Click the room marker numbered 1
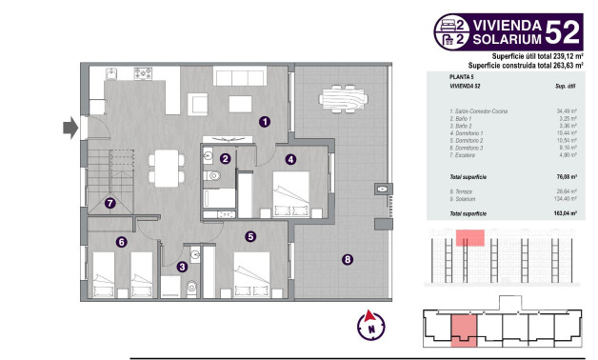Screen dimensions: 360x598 click(x=264, y=121)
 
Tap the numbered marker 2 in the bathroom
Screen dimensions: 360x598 click(x=226, y=159)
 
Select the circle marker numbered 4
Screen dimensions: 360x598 click(x=289, y=159)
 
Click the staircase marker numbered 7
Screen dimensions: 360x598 click(x=111, y=202)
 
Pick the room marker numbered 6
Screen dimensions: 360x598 click(x=122, y=242)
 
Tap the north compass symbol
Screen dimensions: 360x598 click(x=369, y=324)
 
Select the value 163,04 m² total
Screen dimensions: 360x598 click(x=565, y=215)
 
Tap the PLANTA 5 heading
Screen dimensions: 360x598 click(x=463, y=76)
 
